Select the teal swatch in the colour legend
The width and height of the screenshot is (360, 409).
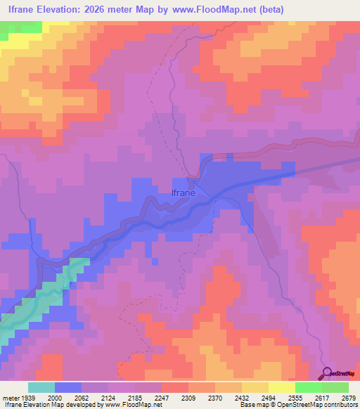pyautogui.click(x=41, y=387)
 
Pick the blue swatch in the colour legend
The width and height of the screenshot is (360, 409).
pyautogui.click(x=68, y=387)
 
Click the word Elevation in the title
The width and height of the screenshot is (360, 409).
pyautogui.click(x=65, y=8)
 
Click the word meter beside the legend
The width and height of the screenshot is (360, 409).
pyautogui.click(x=10, y=397)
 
